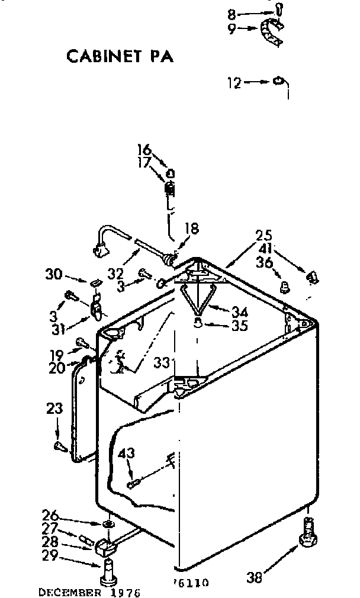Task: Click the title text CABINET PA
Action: tap(120, 56)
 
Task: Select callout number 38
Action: tap(255, 576)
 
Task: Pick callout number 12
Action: tap(234, 83)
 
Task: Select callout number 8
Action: tap(232, 13)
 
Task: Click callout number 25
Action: tap(265, 234)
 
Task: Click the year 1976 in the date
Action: tap(126, 591)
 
